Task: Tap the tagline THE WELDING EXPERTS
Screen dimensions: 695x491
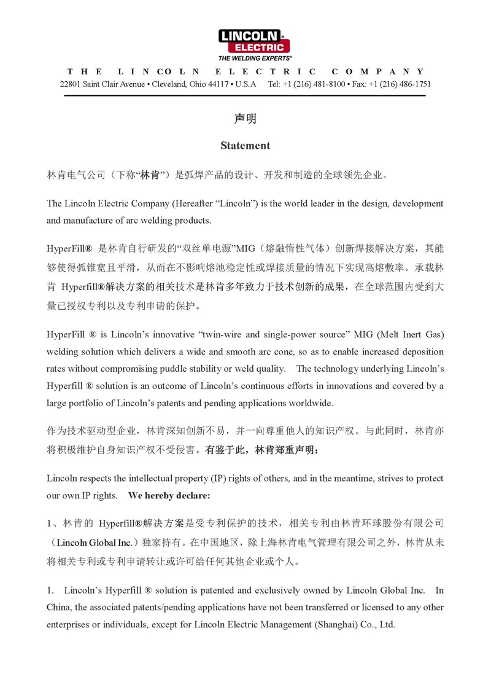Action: click(x=255, y=58)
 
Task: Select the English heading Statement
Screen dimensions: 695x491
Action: click(x=245, y=146)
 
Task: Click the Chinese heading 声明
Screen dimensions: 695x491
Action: click(x=245, y=119)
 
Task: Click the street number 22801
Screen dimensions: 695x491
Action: click(x=70, y=84)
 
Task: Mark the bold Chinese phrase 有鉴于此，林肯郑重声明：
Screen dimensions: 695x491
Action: click(x=261, y=450)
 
